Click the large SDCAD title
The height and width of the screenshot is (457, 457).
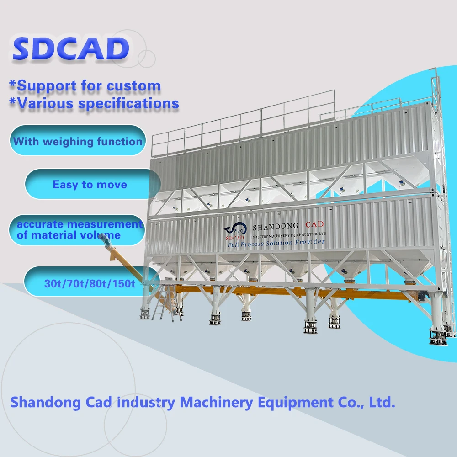pyautogui.click(x=70, y=49)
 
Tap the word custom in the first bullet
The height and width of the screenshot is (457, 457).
pyautogui.click(x=134, y=85)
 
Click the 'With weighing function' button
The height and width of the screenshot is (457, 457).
pyautogui.click(x=77, y=141)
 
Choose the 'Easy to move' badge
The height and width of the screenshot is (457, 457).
pyautogui.click(x=90, y=185)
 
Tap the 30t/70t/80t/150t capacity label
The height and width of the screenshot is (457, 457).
pyautogui.click(x=90, y=283)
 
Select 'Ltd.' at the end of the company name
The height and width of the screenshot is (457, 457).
pyautogui.click(x=380, y=402)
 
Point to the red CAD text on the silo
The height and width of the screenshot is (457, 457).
pyautogui.click(x=314, y=224)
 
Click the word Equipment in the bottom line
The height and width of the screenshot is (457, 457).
pyautogui.click(x=293, y=402)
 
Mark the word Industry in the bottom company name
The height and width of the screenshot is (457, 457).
pyautogui.click(x=146, y=402)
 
